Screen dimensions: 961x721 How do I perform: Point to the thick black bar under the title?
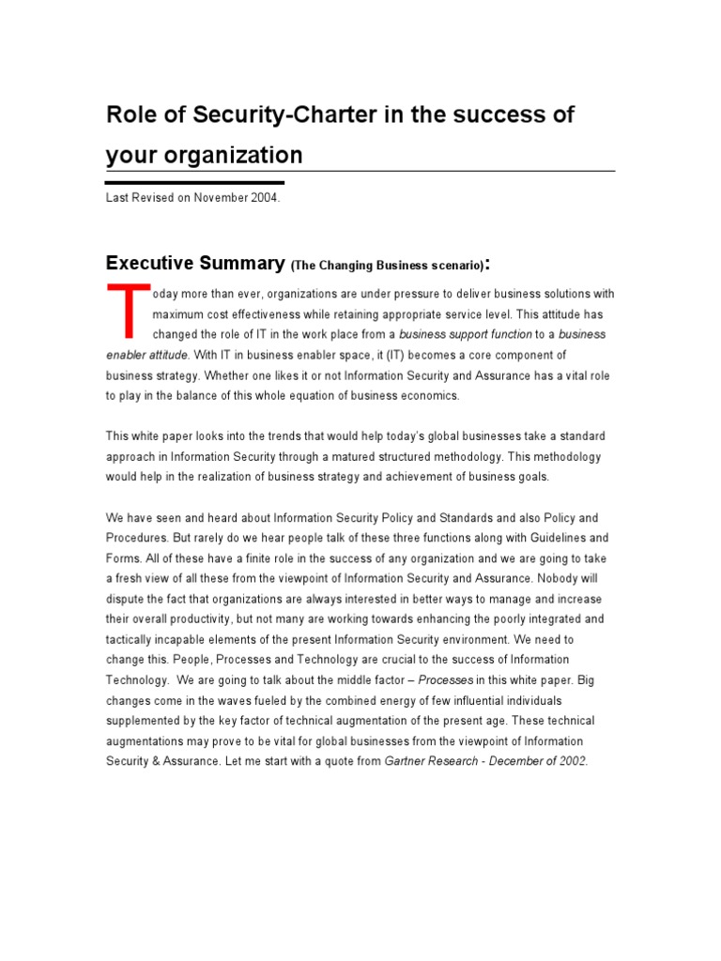coord(194,183)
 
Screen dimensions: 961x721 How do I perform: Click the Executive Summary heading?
coord(194,263)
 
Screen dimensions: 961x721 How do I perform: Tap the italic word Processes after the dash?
coord(447,679)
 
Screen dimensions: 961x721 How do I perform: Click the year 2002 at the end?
coord(570,761)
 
